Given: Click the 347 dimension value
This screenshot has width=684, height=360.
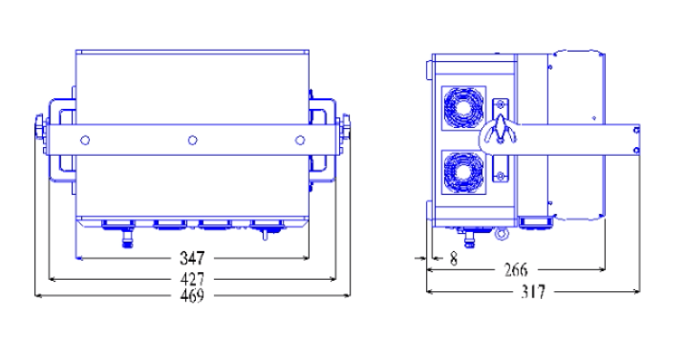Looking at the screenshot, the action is click(192, 258).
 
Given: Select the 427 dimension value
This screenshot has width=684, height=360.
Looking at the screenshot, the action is click(192, 279).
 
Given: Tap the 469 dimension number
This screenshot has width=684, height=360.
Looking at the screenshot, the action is click(192, 295).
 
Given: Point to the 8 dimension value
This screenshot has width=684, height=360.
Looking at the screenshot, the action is click(454, 259).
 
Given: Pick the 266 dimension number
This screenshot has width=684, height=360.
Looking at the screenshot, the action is click(516, 270).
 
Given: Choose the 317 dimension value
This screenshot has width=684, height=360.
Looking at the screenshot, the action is click(533, 291).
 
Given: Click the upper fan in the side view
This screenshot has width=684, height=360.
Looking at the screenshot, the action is click(463, 108).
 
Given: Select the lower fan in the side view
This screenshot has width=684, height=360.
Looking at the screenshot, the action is click(463, 172).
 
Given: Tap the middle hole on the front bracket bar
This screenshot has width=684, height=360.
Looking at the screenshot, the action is click(192, 140).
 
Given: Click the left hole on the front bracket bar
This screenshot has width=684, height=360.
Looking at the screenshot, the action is click(85, 140).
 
